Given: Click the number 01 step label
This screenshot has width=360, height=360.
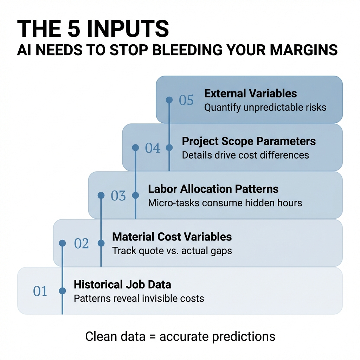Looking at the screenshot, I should (40, 291).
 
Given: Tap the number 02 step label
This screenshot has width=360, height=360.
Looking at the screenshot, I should (82, 243).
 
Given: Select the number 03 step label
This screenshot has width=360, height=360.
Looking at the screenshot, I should (118, 196).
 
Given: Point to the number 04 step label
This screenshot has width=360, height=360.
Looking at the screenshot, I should (153, 148).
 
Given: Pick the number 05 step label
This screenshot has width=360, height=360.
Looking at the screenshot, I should (186, 100).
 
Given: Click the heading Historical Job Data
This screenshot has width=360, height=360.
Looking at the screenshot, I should (122, 284).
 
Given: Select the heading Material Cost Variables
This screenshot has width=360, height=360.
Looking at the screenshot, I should (172, 237).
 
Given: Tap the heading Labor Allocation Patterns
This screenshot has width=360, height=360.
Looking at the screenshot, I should (213, 189).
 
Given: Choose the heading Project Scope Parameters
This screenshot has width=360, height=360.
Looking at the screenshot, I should (249, 141).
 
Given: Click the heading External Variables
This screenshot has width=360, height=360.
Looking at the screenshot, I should (250, 94).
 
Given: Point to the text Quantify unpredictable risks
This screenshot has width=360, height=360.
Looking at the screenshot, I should (265, 107).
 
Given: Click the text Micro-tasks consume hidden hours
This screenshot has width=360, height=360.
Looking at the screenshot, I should (225, 203).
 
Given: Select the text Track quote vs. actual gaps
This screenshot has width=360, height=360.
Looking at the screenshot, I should (172, 251).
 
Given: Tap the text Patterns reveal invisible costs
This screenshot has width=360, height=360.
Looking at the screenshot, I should (139, 298).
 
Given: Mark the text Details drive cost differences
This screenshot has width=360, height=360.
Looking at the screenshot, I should (245, 155).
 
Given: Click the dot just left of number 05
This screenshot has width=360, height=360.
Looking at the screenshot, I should (169, 100).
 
